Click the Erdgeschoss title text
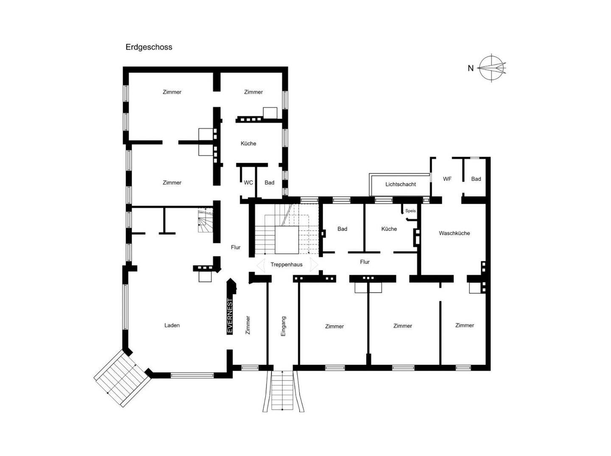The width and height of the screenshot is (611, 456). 149,47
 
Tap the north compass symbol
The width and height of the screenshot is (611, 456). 492,68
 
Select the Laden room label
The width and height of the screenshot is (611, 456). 172,325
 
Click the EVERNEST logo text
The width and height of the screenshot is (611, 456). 230,316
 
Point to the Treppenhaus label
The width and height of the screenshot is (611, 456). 286,265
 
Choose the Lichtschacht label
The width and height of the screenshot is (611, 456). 401,184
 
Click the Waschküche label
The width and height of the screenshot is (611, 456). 454,233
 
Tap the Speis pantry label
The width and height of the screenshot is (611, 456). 411,211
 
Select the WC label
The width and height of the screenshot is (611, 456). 248,183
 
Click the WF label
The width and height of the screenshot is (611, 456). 447,179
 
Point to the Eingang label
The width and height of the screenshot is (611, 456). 283,326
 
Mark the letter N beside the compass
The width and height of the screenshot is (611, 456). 471,68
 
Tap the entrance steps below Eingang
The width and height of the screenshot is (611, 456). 283,391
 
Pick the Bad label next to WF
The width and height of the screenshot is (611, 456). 476,179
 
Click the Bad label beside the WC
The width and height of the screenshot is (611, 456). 269,183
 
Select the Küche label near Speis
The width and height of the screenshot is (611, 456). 389,229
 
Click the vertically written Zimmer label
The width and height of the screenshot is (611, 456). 248,325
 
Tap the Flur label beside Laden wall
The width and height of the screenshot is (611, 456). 235,247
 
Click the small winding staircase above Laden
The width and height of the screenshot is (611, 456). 205,220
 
